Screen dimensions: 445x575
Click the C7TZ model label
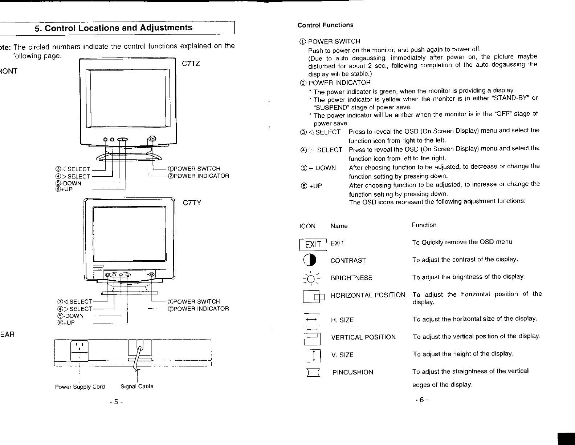[x=191, y=64]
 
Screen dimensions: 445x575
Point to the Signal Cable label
[x=137, y=386]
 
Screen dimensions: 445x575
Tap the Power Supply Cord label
[x=80, y=387]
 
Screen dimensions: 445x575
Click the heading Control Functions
[x=325, y=25]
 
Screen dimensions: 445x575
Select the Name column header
[x=339, y=226]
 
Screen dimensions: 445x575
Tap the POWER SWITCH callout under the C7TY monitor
[x=194, y=302]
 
